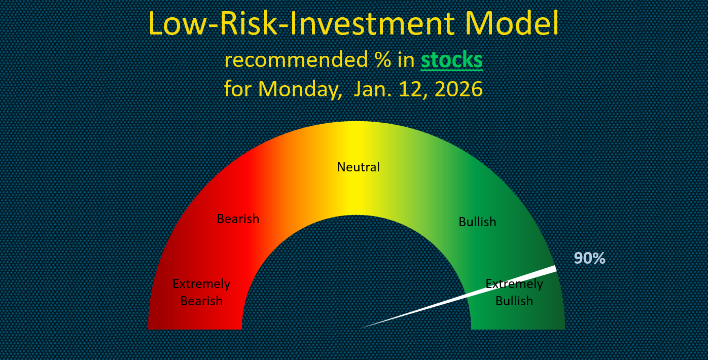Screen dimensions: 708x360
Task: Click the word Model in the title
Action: (512, 24)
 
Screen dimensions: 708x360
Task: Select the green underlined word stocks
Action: (452, 59)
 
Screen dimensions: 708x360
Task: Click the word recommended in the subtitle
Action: (296, 59)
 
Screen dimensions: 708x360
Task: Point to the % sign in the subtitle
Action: (383, 59)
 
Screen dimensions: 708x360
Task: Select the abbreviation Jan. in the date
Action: (372, 89)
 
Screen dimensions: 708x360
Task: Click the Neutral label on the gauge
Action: (358, 167)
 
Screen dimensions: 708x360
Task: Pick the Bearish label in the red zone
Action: (238, 219)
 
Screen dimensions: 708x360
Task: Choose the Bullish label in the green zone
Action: (477, 222)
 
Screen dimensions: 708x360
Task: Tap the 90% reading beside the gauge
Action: (589, 258)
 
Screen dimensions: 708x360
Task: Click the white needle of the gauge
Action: (458, 297)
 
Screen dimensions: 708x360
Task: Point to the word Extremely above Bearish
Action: (201, 284)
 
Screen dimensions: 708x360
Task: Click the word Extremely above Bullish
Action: (514, 284)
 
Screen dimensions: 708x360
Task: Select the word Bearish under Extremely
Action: (201, 301)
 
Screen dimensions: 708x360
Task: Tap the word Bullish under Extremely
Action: (514, 301)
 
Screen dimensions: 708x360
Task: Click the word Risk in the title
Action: (248, 24)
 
